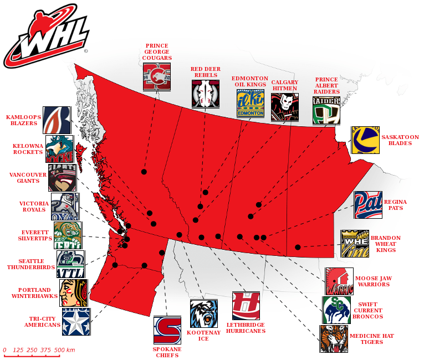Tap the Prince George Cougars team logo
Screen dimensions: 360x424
pyautogui.click(x=157, y=76)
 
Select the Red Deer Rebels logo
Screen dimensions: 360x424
pyautogui.click(x=206, y=94)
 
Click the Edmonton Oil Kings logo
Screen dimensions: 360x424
pyautogui.click(x=251, y=103)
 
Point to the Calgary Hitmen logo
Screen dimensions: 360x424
pyautogui.click(x=285, y=107)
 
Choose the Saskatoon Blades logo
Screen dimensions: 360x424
pyautogui.click(x=365, y=140)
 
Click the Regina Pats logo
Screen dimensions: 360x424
pyautogui.click(x=368, y=205)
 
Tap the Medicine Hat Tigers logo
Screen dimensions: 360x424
pyautogui.click(x=334, y=338)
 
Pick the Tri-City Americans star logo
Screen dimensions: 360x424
pyautogui.click(x=76, y=322)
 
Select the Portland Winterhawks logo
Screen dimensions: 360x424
pyautogui.click(x=74, y=293)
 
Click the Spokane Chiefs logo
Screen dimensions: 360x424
pyautogui.click(x=167, y=330)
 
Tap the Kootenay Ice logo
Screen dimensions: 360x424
pyautogui.click(x=204, y=313)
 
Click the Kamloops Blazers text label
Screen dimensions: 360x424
pyautogui.click(x=22, y=120)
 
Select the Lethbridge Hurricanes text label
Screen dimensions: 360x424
pyautogui.click(x=246, y=328)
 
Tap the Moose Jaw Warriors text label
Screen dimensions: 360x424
pyautogui.click(x=373, y=281)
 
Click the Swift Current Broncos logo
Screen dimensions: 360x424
pyautogui.click(x=336, y=310)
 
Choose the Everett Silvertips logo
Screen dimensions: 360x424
pyautogui.click(x=68, y=235)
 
